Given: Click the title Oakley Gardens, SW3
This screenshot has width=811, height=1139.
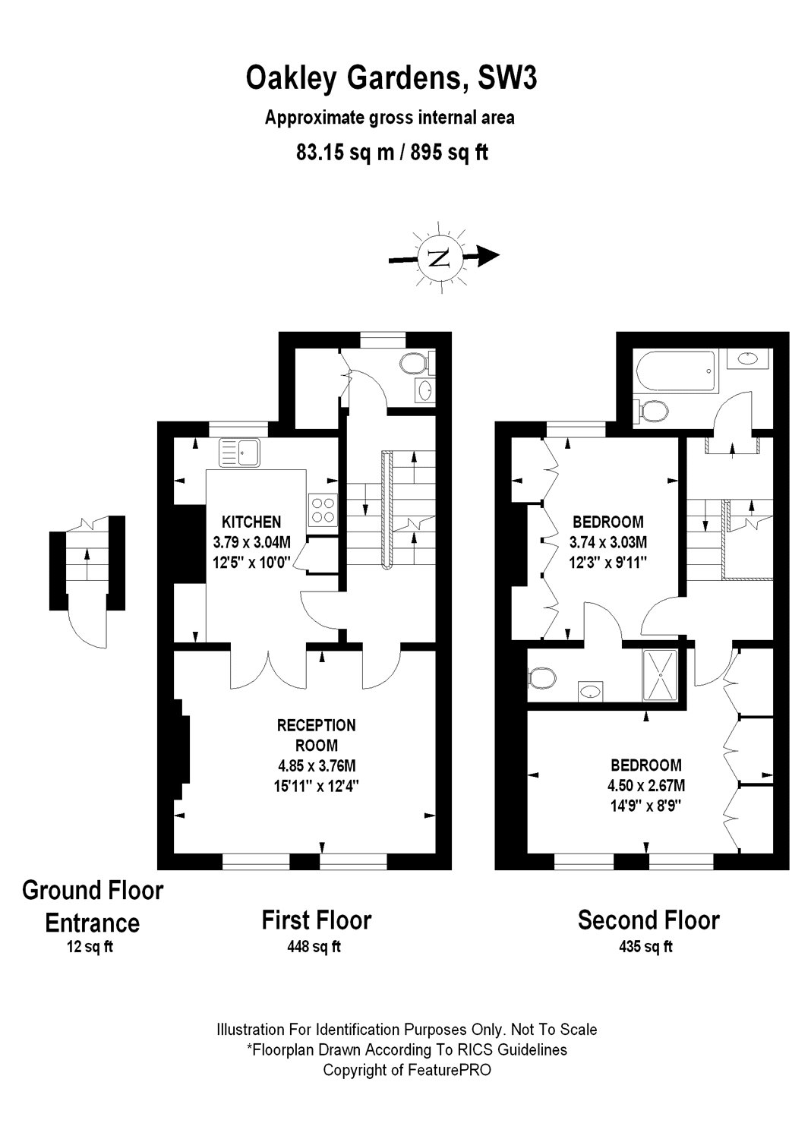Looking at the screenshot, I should pyautogui.click(x=391, y=78).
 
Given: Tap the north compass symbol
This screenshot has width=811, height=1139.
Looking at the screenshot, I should pyautogui.click(x=439, y=257).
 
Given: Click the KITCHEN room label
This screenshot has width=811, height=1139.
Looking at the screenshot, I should pyautogui.click(x=251, y=522).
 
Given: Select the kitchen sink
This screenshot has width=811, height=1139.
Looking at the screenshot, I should pyautogui.click(x=239, y=453).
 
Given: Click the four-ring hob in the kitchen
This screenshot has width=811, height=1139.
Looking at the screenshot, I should pyautogui.click(x=323, y=510).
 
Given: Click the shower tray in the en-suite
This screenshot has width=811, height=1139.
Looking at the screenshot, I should pyautogui.click(x=663, y=674).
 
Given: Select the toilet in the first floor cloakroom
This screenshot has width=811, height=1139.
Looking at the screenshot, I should pyautogui.click(x=414, y=364).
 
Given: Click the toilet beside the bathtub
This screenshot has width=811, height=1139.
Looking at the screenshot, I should pyautogui.click(x=652, y=411).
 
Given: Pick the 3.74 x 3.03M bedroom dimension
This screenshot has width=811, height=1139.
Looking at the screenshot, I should pyautogui.click(x=607, y=542).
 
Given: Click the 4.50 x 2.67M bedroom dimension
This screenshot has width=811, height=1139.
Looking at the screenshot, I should pyautogui.click(x=648, y=785).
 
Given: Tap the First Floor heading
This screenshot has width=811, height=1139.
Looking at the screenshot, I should pyautogui.click(x=316, y=920).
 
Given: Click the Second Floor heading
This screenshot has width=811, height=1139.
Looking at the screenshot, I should pyautogui.click(x=648, y=920).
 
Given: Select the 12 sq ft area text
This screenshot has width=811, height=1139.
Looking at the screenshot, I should pyautogui.click(x=90, y=947).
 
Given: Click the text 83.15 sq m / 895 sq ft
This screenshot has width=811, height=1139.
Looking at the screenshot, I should pyautogui.click(x=391, y=153).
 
